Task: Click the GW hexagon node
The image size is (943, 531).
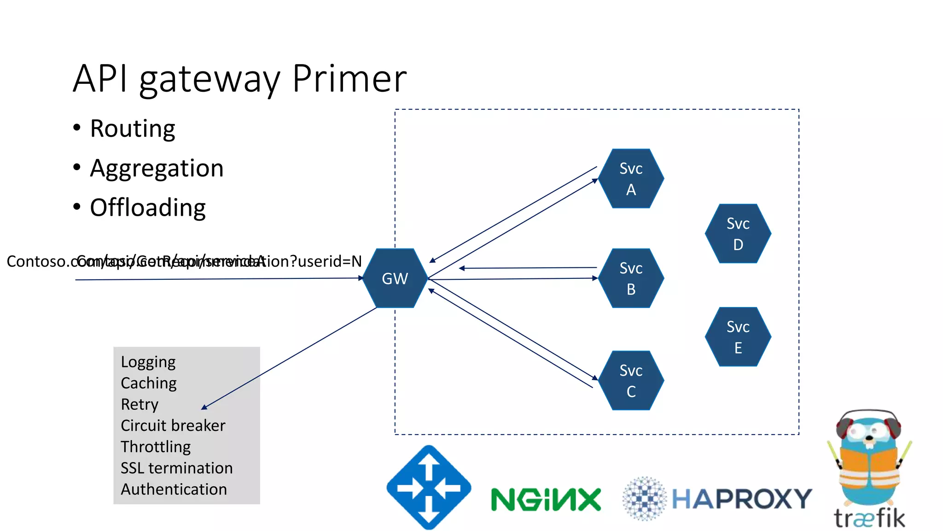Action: (x=395, y=278)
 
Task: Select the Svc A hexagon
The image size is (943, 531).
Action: (x=631, y=179)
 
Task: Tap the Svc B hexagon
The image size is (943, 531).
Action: (x=631, y=278)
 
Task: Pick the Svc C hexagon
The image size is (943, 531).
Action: (x=631, y=381)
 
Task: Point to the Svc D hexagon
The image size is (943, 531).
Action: (x=738, y=234)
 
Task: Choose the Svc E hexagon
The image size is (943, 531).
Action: (x=738, y=337)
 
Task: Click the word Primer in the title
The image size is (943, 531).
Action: (x=349, y=78)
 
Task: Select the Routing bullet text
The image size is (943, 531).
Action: (x=133, y=129)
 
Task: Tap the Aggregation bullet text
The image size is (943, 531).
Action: (x=157, y=168)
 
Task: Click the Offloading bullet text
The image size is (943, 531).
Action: (x=148, y=208)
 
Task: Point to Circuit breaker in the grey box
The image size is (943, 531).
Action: (x=173, y=425)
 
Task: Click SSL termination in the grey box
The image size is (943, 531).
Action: (x=176, y=468)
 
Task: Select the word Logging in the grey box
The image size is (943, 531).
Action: (x=148, y=362)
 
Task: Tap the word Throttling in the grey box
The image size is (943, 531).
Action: (x=156, y=447)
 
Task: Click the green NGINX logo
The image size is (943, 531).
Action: (x=546, y=500)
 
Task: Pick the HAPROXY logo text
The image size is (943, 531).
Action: (x=741, y=499)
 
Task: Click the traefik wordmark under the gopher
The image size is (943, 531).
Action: (x=869, y=519)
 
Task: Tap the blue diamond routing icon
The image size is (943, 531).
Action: (x=429, y=487)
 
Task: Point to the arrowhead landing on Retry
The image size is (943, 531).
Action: (x=204, y=407)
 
